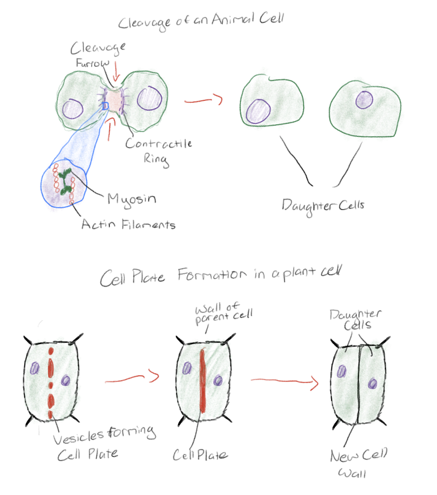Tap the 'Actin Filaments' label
(128, 224)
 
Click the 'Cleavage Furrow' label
(97, 55)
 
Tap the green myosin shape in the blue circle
(66, 180)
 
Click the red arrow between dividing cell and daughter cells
(203, 101)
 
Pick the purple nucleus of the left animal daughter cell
(258, 111)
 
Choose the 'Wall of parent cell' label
(224, 312)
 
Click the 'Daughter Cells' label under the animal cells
(323, 205)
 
